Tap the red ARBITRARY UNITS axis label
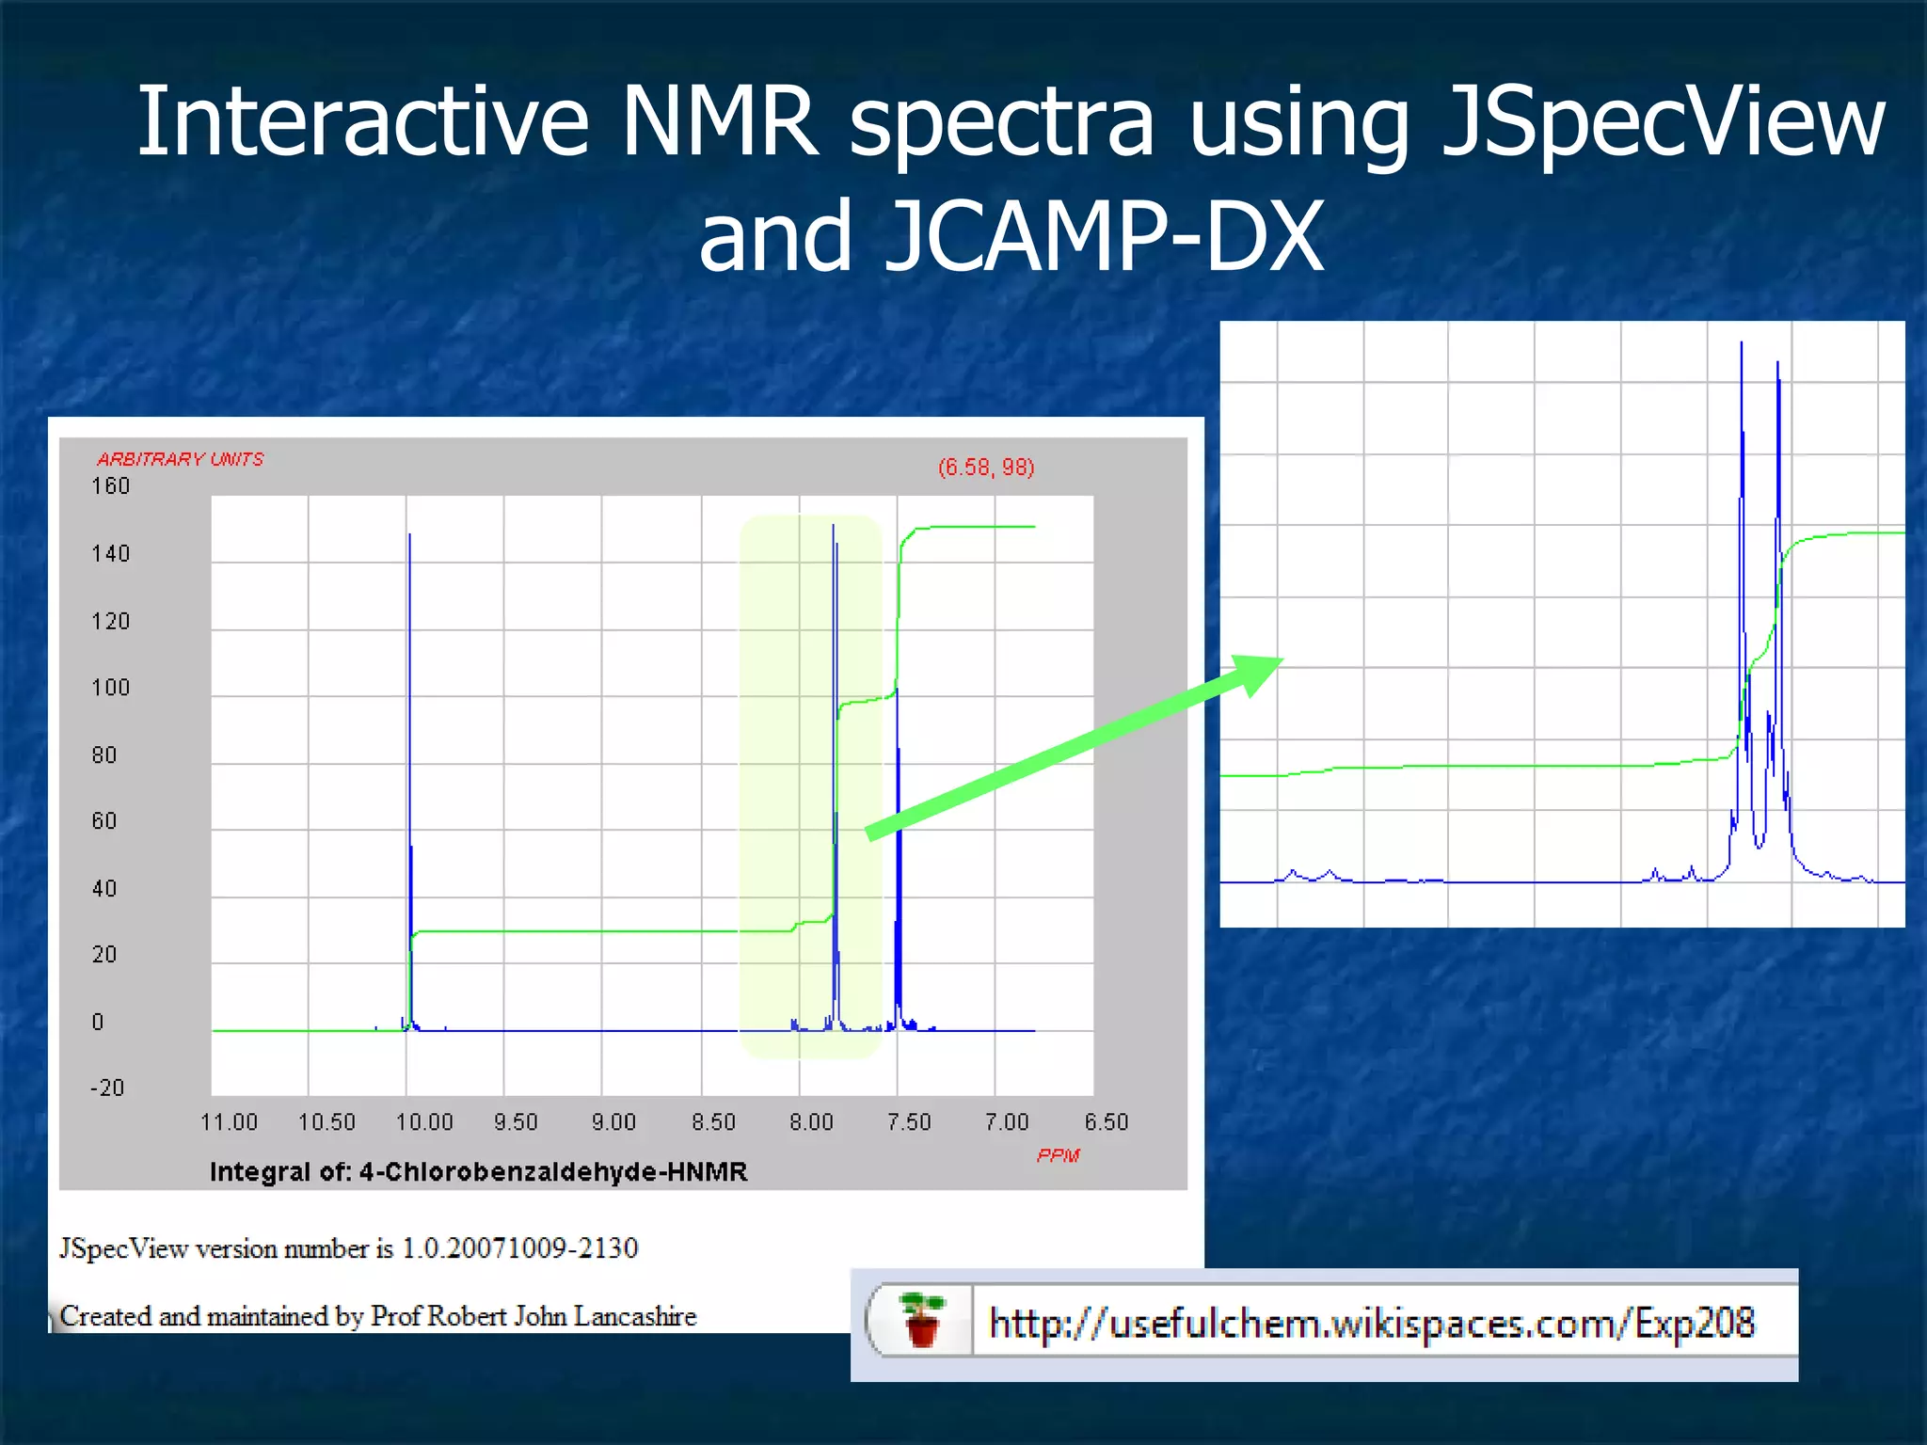(180, 459)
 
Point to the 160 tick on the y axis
(110, 486)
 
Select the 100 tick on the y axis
(110, 688)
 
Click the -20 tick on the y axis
(107, 1088)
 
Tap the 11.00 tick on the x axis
(229, 1122)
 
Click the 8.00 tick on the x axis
(811, 1122)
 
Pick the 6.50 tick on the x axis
(1106, 1122)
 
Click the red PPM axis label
(1058, 1155)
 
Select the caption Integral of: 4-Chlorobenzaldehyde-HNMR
(478, 1172)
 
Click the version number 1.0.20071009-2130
(520, 1248)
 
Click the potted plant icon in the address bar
(921, 1320)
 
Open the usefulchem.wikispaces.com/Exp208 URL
(1371, 1324)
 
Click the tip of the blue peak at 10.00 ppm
(409, 536)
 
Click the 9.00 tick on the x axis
(613, 1122)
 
